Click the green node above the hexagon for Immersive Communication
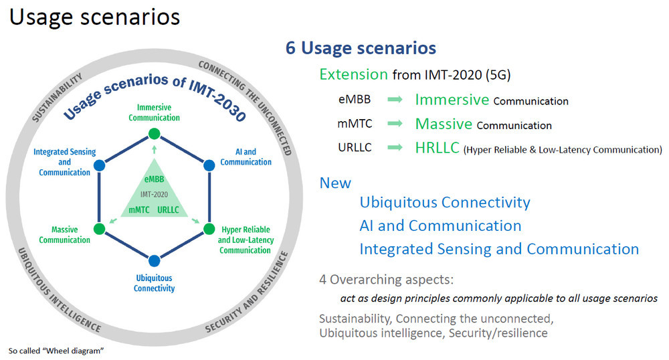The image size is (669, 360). point(154,134)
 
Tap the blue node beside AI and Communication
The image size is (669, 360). point(209,165)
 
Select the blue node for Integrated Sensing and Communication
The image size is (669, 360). point(100,165)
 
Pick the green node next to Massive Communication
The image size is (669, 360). point(100,229)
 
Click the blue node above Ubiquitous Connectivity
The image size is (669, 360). point(154,260)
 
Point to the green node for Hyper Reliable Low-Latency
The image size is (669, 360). point(209,229)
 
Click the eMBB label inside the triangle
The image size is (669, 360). point(154,179)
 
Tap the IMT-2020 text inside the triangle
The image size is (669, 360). point(154,195)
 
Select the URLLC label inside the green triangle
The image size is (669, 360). point(168,210)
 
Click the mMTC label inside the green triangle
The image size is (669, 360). point(139,210)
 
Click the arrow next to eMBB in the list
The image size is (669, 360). point(395,100)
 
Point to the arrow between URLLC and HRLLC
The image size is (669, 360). point(395,148)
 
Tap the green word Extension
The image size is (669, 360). point(354,75)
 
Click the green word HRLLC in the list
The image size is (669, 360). point(438,148)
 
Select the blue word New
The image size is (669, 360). point(335,183)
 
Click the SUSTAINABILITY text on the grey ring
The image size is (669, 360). point(57,97)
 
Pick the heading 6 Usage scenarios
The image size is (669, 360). point(361,48)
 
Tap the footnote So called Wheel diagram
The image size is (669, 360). point(56,351)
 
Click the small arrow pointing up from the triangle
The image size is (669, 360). point(154,149)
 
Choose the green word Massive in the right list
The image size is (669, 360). point(444,124)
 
